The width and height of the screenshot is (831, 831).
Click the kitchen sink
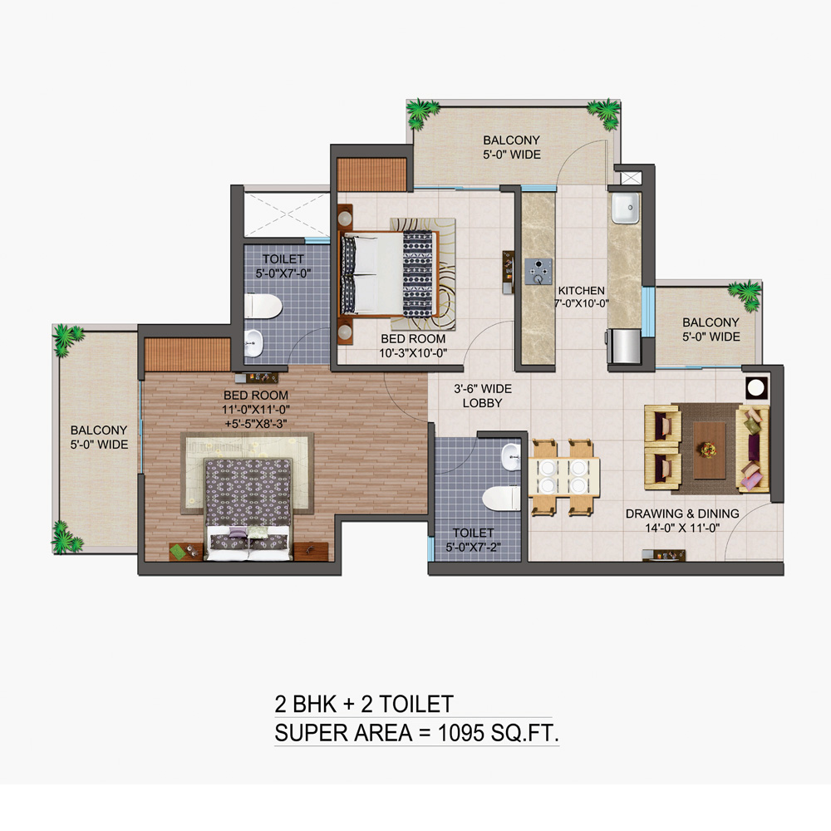point(626,208)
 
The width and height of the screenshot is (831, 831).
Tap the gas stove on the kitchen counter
point(538,272)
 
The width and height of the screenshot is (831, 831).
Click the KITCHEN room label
point(582,290)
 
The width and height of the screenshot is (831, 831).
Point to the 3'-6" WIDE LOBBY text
point(482,396)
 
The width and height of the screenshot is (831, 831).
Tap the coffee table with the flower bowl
point(710,450)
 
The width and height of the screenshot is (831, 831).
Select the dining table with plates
point(564,476)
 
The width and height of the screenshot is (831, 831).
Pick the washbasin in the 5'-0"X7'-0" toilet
point(253,343)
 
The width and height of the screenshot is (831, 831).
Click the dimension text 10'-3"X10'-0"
point(413,353)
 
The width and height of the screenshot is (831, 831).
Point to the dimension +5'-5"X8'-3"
point(256,424)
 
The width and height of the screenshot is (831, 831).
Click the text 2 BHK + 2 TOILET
point(364,704)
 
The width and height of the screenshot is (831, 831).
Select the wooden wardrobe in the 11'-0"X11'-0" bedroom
point(188,354)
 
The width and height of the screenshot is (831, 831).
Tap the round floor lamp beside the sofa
point(755,388)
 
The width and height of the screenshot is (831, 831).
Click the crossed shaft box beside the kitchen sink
point(631,178)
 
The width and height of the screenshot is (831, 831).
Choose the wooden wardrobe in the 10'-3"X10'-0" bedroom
point(372,175)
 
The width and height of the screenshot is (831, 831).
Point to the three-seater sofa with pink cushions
point(753,449)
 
